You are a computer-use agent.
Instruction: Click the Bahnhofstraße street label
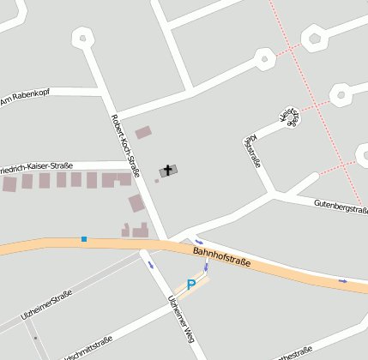221,256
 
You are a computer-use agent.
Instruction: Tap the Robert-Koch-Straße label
125,141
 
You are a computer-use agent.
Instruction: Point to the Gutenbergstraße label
341,206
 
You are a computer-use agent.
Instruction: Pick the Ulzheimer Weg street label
183,318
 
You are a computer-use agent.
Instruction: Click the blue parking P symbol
191,284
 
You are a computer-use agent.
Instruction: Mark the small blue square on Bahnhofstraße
84,239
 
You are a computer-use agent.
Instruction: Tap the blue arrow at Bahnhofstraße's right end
343,280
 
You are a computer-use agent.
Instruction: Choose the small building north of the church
143,133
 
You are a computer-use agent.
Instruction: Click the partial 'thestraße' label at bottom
293,354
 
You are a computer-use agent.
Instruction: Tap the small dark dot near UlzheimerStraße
35,337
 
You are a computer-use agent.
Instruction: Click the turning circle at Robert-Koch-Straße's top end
83,37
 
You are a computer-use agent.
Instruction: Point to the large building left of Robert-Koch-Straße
136,203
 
